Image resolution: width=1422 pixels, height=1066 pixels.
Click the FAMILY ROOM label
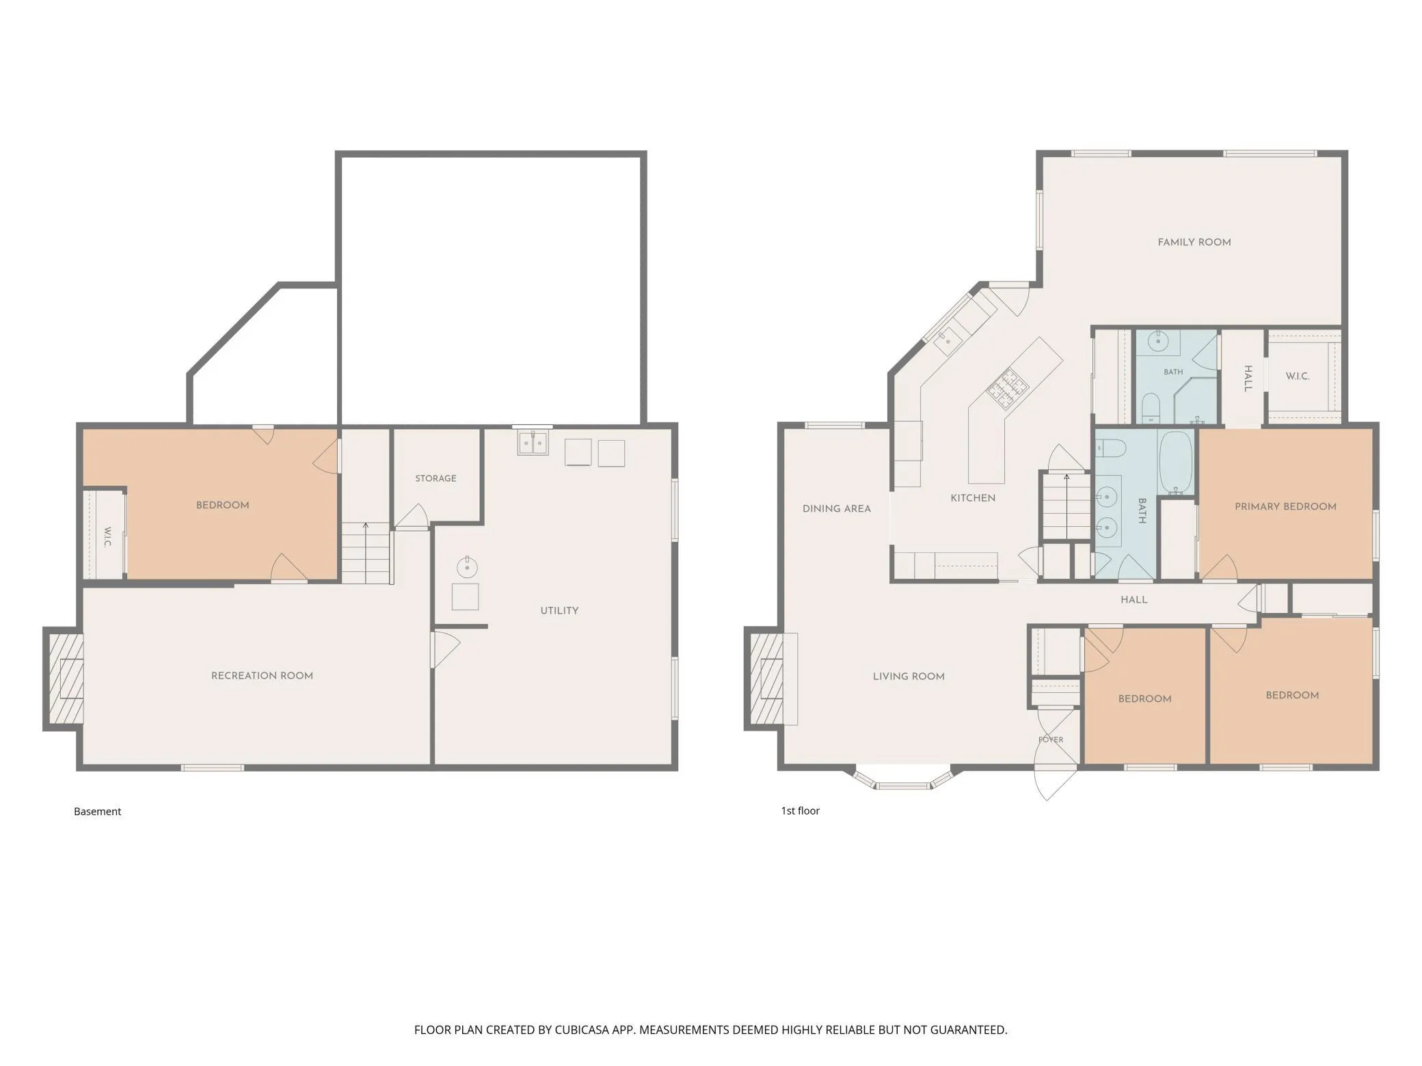(x=1194, y=242)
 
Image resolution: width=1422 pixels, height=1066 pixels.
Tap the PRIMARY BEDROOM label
(x=1285, y=506)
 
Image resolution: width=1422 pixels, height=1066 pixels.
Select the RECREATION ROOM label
(x=262, y=676)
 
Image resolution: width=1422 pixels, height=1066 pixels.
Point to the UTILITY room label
(x=559, y=611)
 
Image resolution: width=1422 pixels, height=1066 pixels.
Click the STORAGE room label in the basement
(x=435, y=478)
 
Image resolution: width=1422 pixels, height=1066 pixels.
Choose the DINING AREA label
(x=837, y=508)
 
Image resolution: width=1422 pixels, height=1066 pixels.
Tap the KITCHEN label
(x=973, y=498)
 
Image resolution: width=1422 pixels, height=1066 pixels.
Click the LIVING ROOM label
(x=909, y=676)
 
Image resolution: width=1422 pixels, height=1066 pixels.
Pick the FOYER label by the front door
(x=1051, y=739)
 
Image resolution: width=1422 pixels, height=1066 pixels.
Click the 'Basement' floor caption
(x=97, y=811)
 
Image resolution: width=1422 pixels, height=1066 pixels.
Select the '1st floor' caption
(x=800, y=810)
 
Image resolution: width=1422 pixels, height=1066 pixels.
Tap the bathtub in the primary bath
(x=1175, y=462)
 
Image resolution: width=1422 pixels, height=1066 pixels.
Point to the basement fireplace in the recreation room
(x=64, y=679)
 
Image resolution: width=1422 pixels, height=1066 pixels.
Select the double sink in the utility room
(x=533, y=443)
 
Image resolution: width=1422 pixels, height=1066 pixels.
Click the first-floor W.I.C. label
(x=1298, y=376)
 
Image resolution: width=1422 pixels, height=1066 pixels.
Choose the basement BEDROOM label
(x=223, y=505)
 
